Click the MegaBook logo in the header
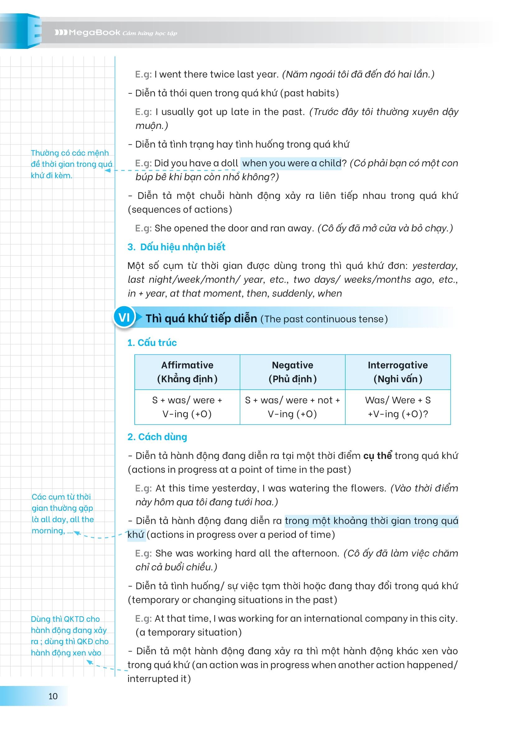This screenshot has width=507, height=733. pos(87,32)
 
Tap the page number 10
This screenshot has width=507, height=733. pos(53,696)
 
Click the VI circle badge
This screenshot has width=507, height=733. pos(124,317)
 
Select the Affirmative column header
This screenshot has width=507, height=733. pos(187,372)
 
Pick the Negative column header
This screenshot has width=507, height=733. pos(292,372)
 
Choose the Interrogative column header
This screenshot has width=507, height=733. pos(398,372)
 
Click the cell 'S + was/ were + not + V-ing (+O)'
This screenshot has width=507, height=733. pos(292,406)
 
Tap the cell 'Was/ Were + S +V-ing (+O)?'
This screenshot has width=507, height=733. pos(398,406)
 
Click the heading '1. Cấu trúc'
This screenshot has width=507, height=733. pos(152,342)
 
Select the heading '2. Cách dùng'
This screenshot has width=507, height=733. pos(157,437)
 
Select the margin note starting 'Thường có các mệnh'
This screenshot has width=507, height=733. pos(71,164)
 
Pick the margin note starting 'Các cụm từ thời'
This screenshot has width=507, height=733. pos(63,513)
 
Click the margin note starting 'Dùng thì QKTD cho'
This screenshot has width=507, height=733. pos(69,636)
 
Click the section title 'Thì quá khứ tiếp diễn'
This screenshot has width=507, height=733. pos(201,318)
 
